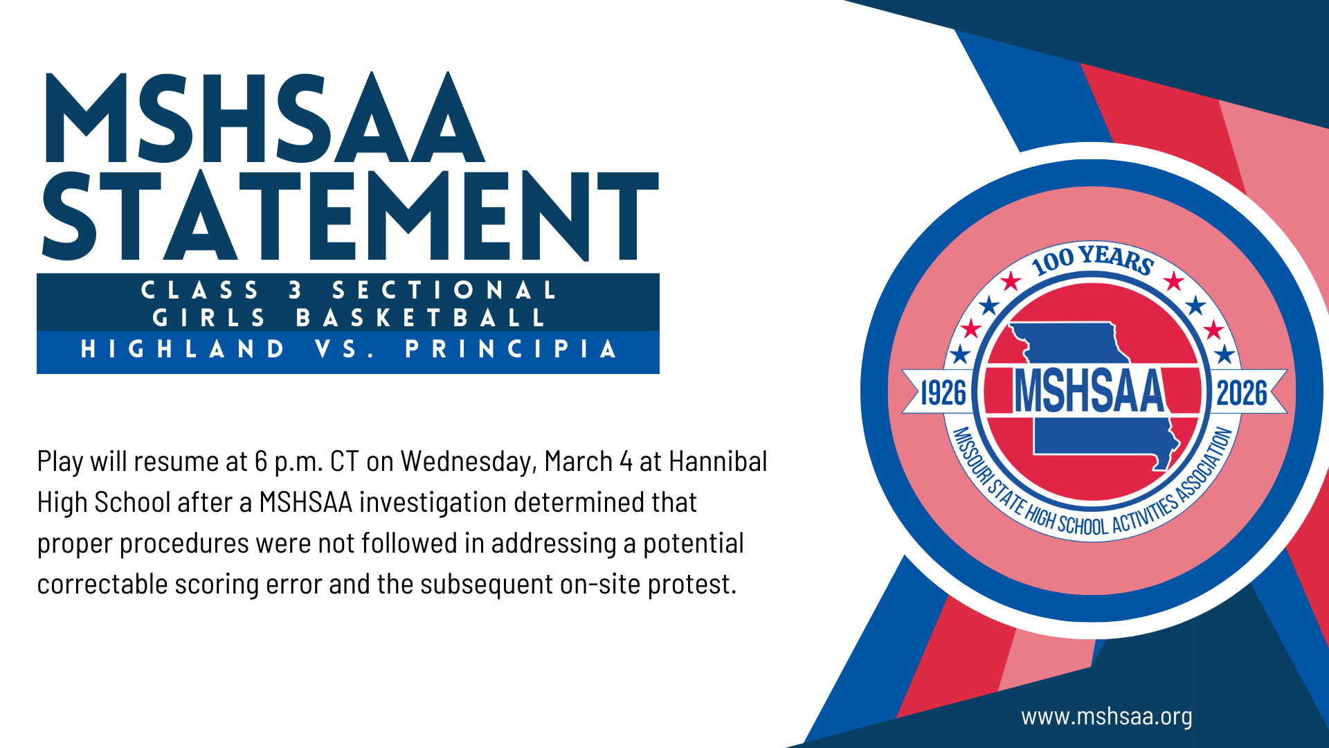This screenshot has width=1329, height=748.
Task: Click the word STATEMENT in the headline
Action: click(x=350, y=215)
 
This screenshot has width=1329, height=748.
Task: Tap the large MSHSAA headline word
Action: click(x=264, y=117)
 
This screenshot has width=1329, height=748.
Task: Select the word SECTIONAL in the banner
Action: click(x=444, y=290)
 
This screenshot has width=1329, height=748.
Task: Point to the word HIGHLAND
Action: click(x=183, y=348)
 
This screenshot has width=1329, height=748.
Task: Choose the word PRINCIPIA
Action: click(x=511, y=348)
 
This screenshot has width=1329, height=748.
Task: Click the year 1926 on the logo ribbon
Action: click(x=943, y=393)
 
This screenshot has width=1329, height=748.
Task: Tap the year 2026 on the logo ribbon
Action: click(x=1242, y=393)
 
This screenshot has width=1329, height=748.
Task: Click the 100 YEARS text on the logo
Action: click(x=1092, y=260)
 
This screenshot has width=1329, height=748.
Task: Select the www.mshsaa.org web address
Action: click(x=1107, y=716)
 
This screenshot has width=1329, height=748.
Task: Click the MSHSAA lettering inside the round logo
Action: click(x=1090, y=391)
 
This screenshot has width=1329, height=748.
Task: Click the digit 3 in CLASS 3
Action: click(x=296, y=290)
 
